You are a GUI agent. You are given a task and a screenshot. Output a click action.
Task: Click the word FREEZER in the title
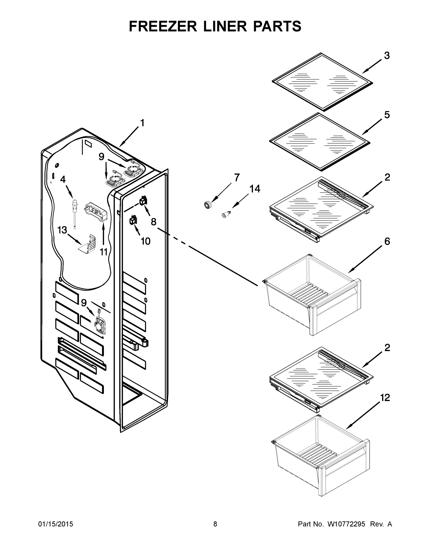pos(163,26)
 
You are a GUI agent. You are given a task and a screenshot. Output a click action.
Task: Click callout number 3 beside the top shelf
pos(387,56)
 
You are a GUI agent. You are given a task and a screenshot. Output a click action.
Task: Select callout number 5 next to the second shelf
pos(387,115)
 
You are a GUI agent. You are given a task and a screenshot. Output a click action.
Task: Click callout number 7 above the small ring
pos(237,177)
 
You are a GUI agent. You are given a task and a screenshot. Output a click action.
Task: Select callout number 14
pos(255,189)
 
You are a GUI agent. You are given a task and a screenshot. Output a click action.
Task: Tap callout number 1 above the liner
pos(142,123)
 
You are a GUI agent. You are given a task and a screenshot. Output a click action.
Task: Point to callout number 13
pos(62,230)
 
